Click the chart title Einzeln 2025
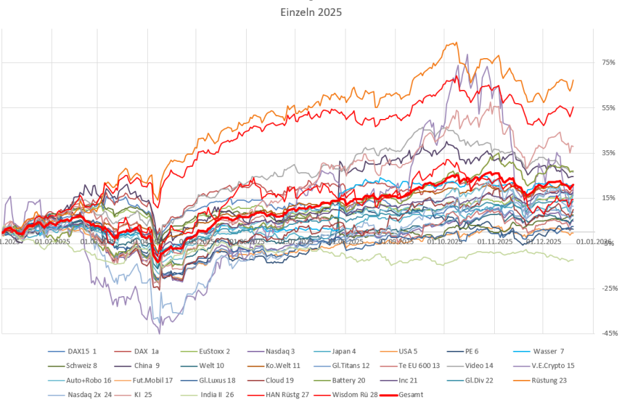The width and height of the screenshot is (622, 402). click(x=310, y=12)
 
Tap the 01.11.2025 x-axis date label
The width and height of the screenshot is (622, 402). click(x=494, y=242)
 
